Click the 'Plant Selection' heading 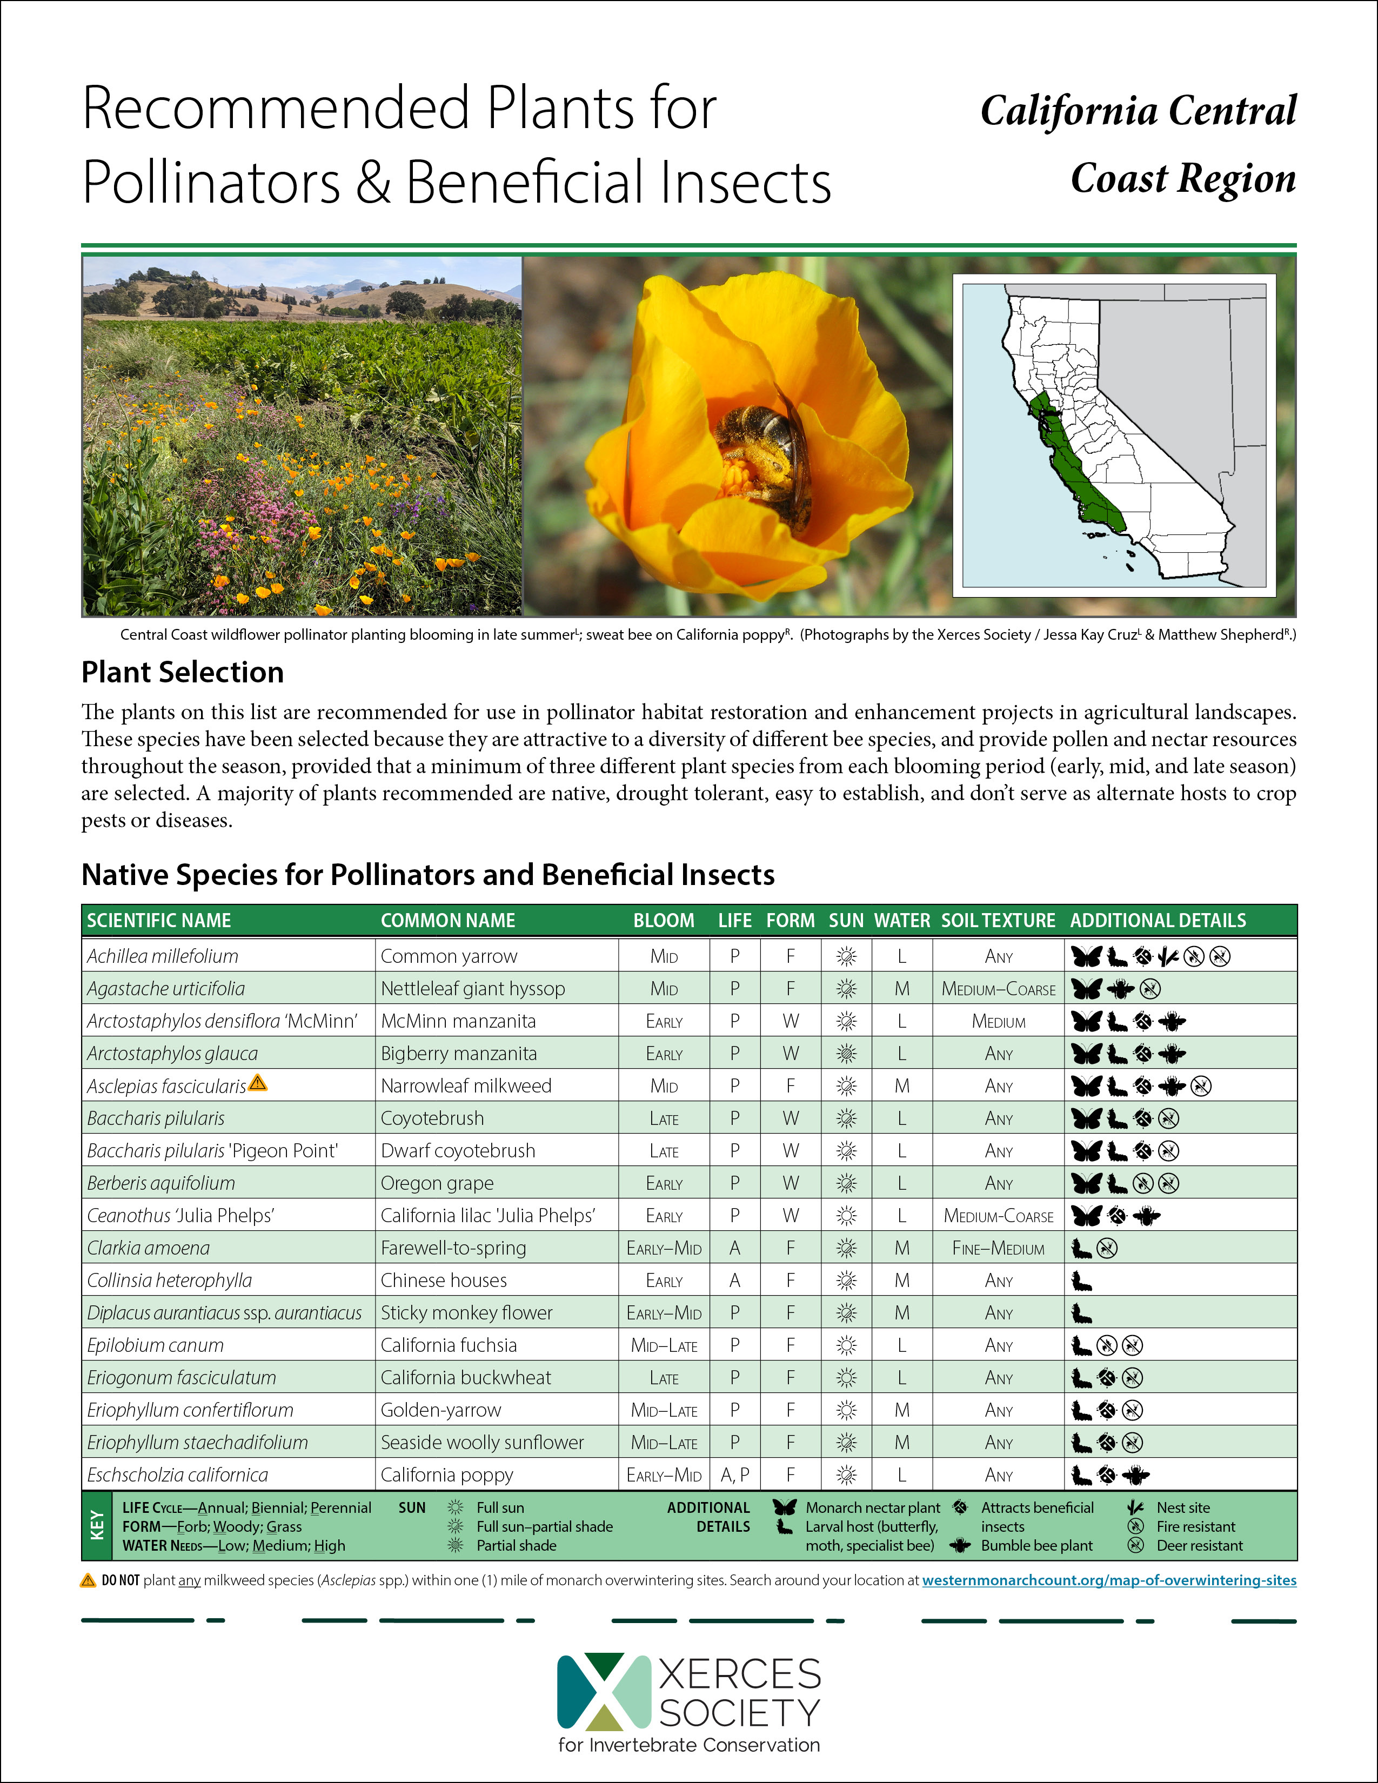click(x=182, y=672)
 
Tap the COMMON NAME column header click(x=447, y=920)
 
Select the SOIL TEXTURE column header click(x=998, y=920)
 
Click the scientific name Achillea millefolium click(x=163, y=956)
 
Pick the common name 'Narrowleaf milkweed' click(x=465, y=1086)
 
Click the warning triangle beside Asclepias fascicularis click(x=258, y=1083)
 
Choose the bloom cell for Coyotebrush click(x=664, y=1118)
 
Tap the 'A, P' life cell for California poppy click(x=735, y=1475)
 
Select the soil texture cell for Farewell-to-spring click(x=998, y=1248)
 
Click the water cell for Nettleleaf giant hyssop click(x=901, y=989)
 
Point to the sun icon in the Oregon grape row click(x=847, y=1183)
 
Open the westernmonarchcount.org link click(x=1108, y=1580)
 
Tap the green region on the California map click(x=1078, y=473)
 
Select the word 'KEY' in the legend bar click(x=97, y=1526)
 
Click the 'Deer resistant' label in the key click(x=1199, y=1545)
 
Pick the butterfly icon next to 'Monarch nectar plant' click(x=785, y=1507)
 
